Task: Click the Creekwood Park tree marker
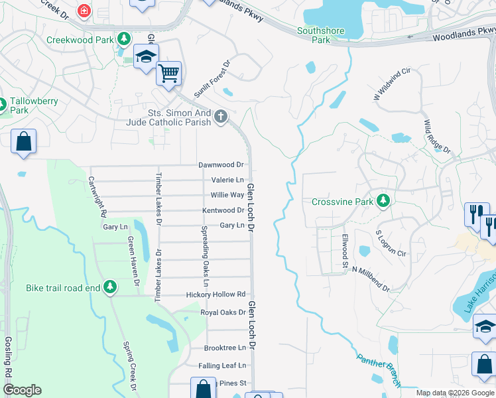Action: coord(123,40)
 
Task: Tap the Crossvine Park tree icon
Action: coord(383,200)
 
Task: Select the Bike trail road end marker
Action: coord(110,287)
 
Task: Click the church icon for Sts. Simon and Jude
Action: coord(221,118)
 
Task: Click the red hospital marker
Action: coord(84,11)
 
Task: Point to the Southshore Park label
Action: coord(314,35)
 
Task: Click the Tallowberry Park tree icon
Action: coord(3,105)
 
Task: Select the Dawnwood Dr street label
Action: coord(221,165)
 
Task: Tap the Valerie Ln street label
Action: coord(227,180)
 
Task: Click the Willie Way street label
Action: coord(227,195)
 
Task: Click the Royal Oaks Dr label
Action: coord(223,312)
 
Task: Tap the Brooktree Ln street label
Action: coord(225,348)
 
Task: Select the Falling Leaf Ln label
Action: coord(221,365)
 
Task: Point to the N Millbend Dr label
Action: coord(371,279)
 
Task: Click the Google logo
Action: coord(22,390)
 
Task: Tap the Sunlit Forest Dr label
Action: coord(212,80)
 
